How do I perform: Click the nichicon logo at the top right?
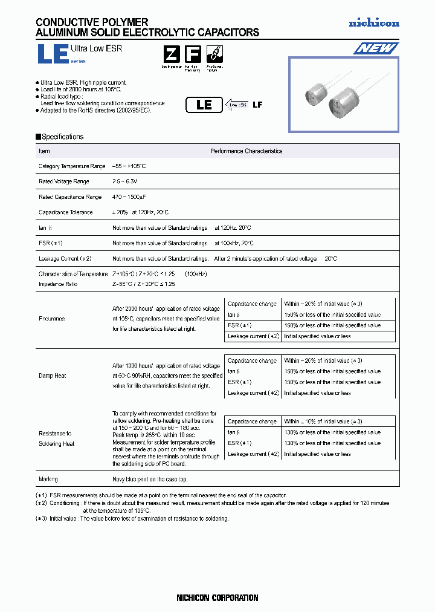tap(374, 23)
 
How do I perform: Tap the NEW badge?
tap(375, 48)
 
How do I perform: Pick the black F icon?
tap(192, 54)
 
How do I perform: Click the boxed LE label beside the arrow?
tap(205, 105)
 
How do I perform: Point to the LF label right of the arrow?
tap(257, 105)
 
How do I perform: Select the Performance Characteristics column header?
tap(246, 151)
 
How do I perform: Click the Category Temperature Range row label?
tap(72, 166)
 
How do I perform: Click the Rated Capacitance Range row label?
tap(70, 197)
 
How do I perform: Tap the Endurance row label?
tap(51, 319)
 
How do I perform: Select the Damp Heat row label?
tap(53, 376)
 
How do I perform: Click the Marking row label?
tap(48, 479)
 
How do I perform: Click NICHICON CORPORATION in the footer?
tap(217, 598)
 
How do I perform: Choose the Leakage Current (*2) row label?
tap(65, 258)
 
